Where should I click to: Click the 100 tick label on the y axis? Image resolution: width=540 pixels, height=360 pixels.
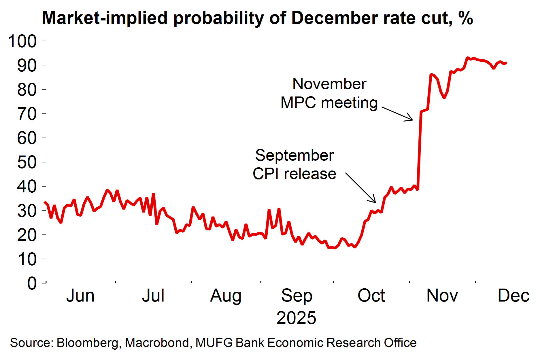[22, 41]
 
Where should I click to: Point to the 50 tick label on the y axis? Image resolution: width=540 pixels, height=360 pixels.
[27, 162]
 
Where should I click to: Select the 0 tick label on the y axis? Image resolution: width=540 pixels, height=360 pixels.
[32, 283]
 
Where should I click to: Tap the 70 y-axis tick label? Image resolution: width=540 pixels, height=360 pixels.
[27, 114]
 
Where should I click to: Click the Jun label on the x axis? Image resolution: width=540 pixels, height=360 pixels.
[80, 296]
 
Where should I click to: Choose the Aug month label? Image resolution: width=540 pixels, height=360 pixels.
[226, 296]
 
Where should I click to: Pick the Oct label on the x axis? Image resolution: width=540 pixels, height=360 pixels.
[371, 296]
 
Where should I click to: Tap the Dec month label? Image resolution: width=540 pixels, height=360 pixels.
[513, 296]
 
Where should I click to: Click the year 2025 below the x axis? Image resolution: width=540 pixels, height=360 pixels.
[296, 318]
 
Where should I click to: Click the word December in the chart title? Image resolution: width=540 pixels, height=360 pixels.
[335, 18]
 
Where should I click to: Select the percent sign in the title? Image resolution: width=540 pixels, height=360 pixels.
[466, 18]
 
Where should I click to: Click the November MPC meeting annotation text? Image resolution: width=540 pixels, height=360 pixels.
[329, 93]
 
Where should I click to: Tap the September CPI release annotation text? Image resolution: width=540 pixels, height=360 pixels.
[294, 164]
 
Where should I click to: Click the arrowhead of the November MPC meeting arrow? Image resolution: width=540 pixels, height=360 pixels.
[412, 120]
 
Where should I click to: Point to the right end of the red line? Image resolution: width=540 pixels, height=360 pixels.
[506, 63]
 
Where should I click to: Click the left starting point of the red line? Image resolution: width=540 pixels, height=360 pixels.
[44, 202]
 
